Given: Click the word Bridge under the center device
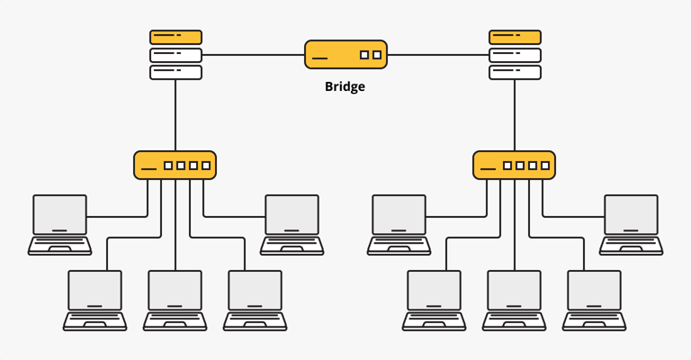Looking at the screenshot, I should pos(345,88).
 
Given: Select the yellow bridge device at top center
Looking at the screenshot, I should pos(345,54).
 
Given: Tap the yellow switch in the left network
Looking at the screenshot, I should pos(175,166).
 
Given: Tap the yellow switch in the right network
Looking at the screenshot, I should pos(514,166).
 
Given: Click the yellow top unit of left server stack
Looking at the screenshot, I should pos(175,37).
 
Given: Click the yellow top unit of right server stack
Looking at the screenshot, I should pos(516,37).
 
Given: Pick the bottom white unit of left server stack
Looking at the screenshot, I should pos(175,72).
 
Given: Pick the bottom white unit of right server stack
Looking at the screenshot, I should pos(516,72).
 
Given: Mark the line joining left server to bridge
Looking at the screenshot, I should pos(252,55).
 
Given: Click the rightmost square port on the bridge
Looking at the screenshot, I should pos(377,55).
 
